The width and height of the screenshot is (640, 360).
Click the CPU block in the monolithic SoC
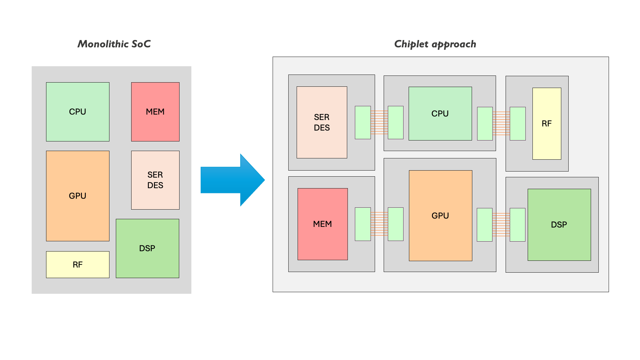pyautogui.click(x=78, y=112)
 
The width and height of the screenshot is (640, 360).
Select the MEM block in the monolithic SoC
pyautogui.click(x=155, y=112)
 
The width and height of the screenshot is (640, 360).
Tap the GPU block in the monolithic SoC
pyautogui.click(x=78, y=196)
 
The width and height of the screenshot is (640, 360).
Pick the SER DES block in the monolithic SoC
pyautogui.click(x=155, y=180)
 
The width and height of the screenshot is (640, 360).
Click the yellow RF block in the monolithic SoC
pyautogui.click(x=78, y=265)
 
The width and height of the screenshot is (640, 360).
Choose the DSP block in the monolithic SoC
pyautogui.click(x=147, y=248)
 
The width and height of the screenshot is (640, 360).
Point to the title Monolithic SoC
pyautogui.click(x=114, y=44)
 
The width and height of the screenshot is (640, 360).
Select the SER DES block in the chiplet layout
pyautogui.click(x=322, y=122)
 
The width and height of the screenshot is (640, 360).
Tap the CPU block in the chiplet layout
pyautogui.click(x=440, y=114)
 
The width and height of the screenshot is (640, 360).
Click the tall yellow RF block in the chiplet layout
pyautogui.click(x=547, y=124)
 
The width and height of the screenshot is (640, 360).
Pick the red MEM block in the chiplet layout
pyautogui.click(x=323, y=224)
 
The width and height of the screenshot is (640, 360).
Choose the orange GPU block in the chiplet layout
pyautogui.click(x=440, y=216)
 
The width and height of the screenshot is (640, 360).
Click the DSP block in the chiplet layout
pyautogui.click(x=559, y=225)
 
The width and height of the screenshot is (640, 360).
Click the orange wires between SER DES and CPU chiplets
pyautogui.click(x=379, y=122)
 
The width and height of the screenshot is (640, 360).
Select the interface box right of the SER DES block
pyautogui.click(x=363, y=123)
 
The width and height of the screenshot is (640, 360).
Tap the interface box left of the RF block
pyautogui.click(x=517, y=124)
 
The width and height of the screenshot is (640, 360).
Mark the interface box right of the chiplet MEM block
pyautogui.click(x=363, y=224)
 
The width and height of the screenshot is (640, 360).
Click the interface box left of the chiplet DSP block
pyautogui.click(x=517, y=225)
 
